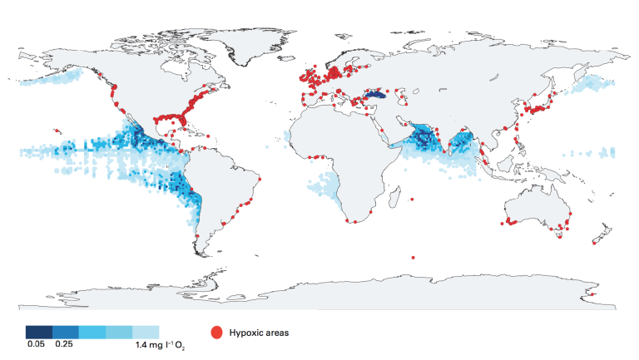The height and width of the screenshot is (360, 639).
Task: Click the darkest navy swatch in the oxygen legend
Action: coord(38,333)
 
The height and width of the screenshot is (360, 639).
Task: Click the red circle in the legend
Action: coord(217,333)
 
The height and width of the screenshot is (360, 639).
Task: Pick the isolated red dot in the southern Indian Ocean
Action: coord(414,257)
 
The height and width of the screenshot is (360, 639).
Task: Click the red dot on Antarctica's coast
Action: coord(592,293)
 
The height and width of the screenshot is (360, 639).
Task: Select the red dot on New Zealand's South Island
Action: coord(595,242)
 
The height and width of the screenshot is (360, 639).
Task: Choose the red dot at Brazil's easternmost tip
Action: coord(260,179)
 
